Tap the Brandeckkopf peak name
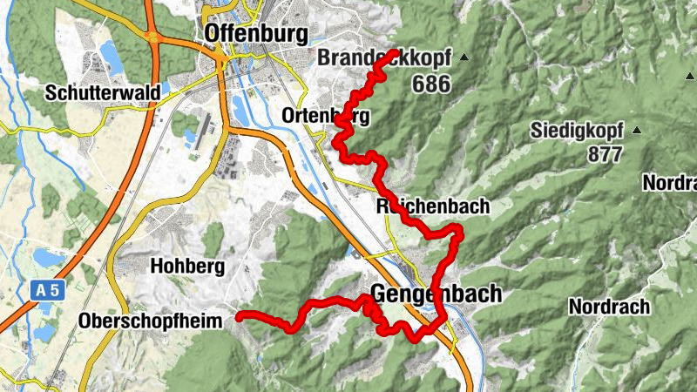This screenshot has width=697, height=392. [384, 58]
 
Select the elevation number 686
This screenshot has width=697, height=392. [432, 84]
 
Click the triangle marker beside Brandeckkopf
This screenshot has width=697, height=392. [464, 58]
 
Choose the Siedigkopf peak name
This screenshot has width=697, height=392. [576, 132]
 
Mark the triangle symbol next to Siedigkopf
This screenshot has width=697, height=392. [637, 131]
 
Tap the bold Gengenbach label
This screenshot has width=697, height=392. [436, 294]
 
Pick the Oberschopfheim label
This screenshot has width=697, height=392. [153, 320]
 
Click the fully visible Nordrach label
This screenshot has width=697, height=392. [609, 307]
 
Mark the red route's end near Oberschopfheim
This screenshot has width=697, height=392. [239, 319]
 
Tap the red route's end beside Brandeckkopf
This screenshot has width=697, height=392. [395, 53]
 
